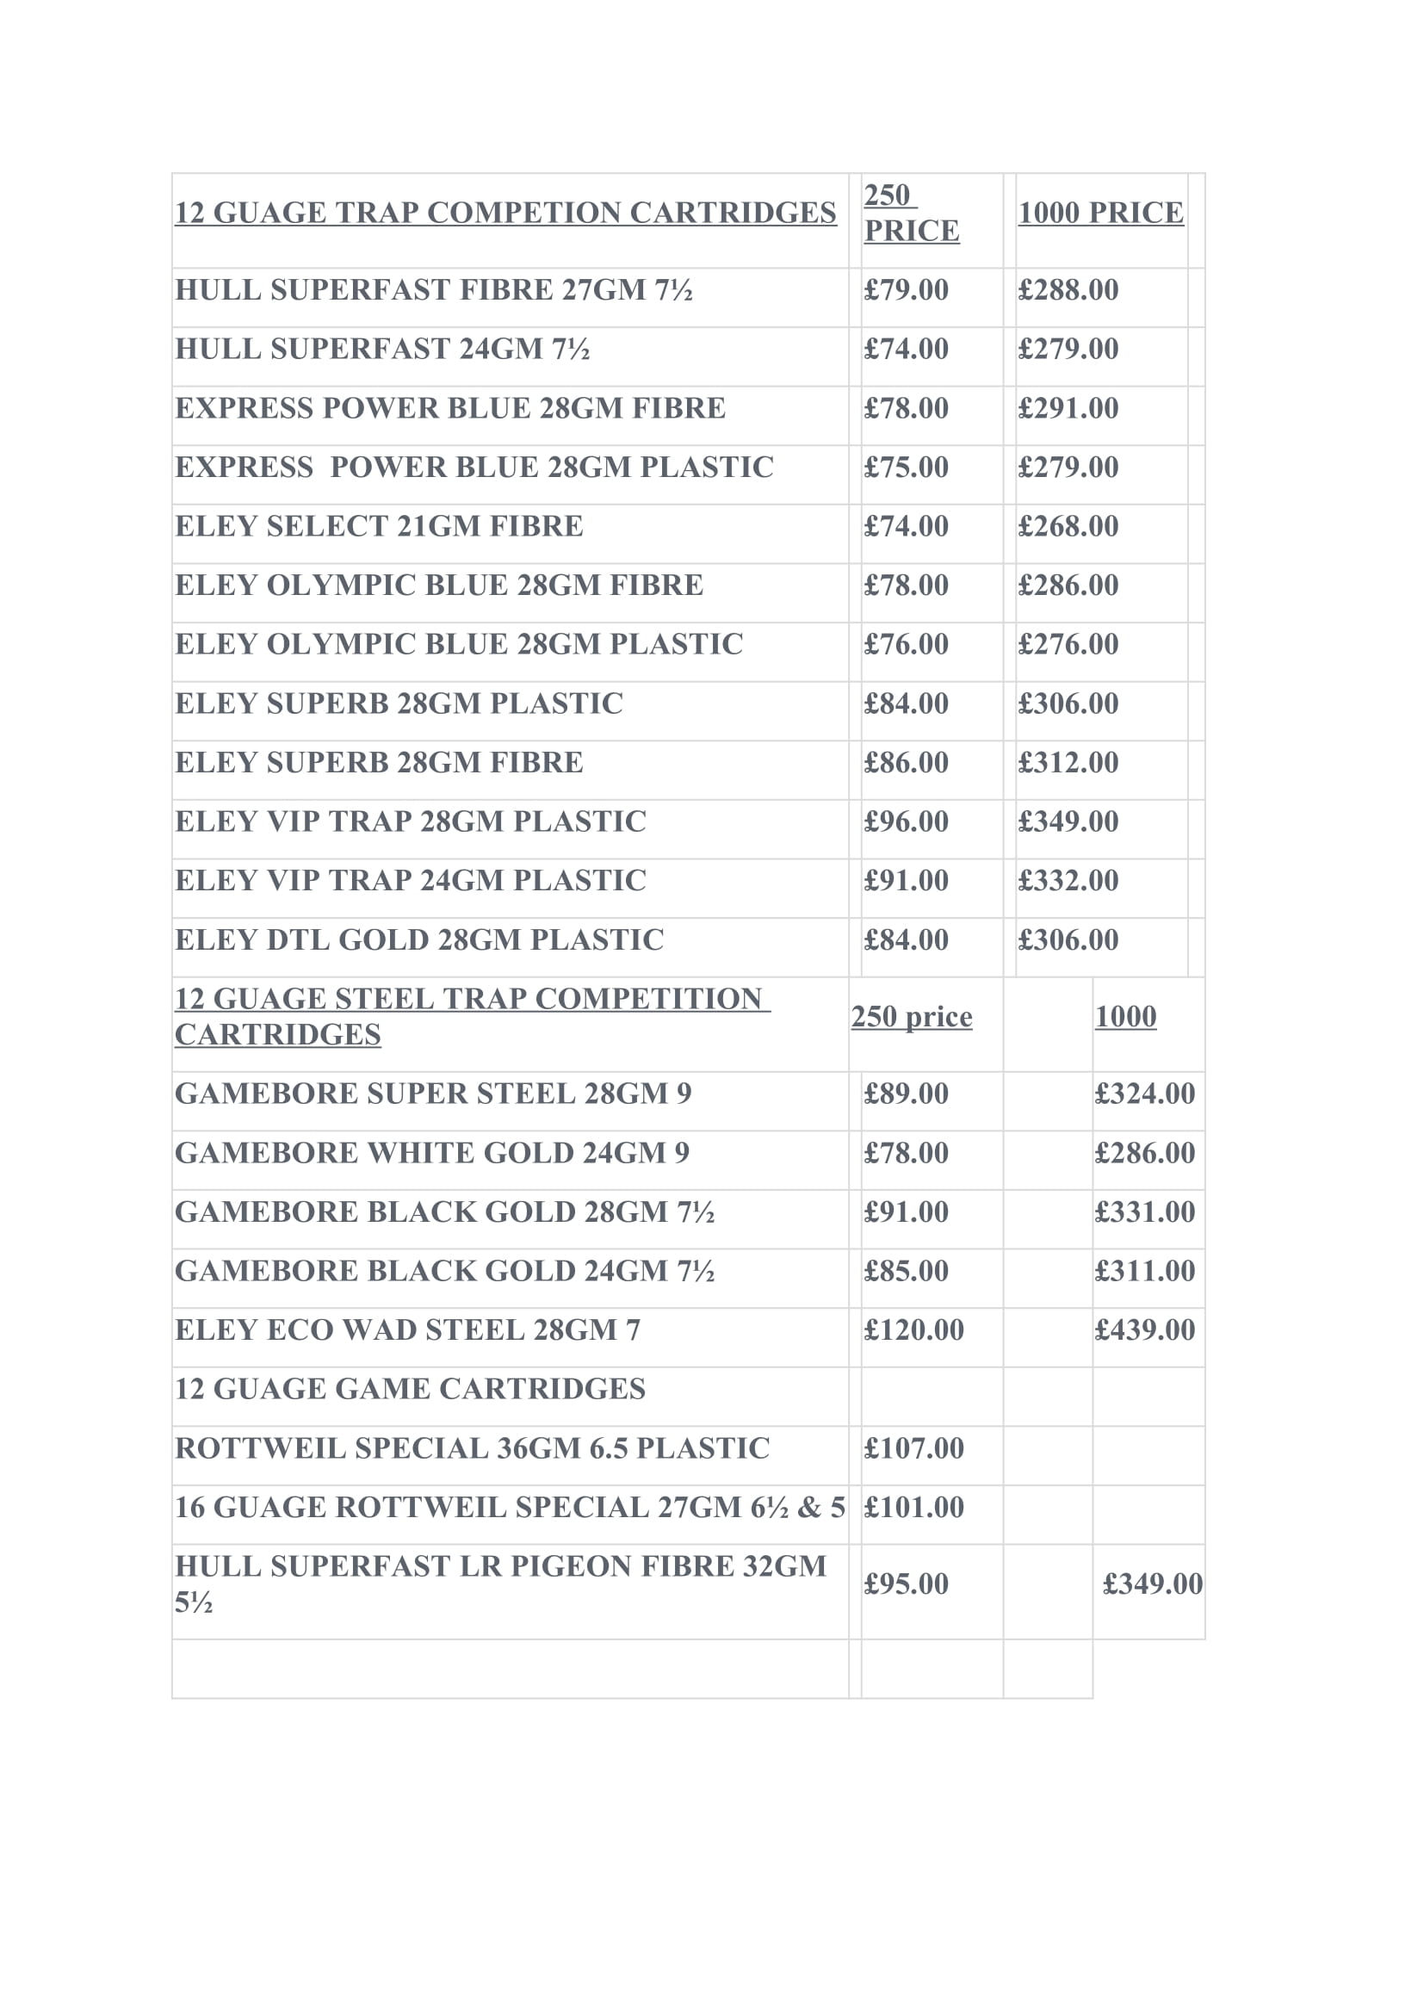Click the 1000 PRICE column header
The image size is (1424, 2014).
coord(1100,214)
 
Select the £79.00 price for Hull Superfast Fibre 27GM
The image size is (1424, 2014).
coord(906,290)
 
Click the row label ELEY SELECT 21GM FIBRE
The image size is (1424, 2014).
coord(379,526)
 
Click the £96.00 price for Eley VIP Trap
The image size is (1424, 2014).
coord(906,822)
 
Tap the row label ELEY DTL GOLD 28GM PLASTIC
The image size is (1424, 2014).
coord(419,940)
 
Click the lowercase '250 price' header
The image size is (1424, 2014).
coord(911,1017)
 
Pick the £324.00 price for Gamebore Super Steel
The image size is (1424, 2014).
coord(1144,1094)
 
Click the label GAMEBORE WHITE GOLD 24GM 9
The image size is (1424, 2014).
coord(432,1153)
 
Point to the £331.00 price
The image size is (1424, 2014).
coord(1144,1212)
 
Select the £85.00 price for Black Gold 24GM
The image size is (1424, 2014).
coord(906,1271)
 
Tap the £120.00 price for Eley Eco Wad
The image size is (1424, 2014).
coord(913,1329)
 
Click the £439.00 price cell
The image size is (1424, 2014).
coord(1144,1329)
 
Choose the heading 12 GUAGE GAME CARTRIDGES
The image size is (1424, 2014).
coord(410,1390)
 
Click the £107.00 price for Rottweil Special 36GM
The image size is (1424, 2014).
coord(913,1448)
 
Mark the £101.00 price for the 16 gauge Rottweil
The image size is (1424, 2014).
coord(913,1507)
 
